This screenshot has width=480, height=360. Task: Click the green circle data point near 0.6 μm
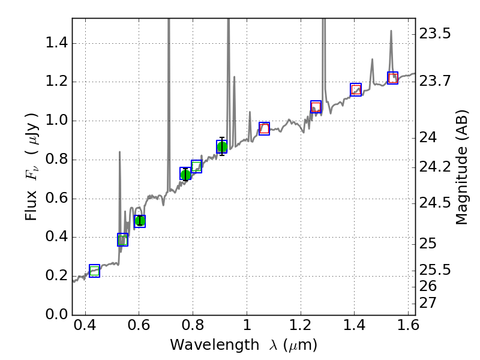point(140,221)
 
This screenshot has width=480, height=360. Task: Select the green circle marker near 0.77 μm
point(185,175)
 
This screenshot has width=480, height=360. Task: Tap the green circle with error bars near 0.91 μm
point(222,147)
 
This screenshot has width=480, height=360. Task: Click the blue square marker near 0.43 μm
point(94,271)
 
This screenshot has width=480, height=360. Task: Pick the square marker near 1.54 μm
point(393,78)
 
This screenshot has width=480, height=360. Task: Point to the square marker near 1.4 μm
point(356,89)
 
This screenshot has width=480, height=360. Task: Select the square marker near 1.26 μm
point(316,107)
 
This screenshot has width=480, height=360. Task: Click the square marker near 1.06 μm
point(264,128)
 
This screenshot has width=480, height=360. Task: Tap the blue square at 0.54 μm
point(122,239)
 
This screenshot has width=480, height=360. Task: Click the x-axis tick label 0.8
point(192,328)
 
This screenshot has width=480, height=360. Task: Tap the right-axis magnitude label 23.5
point(436,34)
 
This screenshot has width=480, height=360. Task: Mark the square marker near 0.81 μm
point(196,167)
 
